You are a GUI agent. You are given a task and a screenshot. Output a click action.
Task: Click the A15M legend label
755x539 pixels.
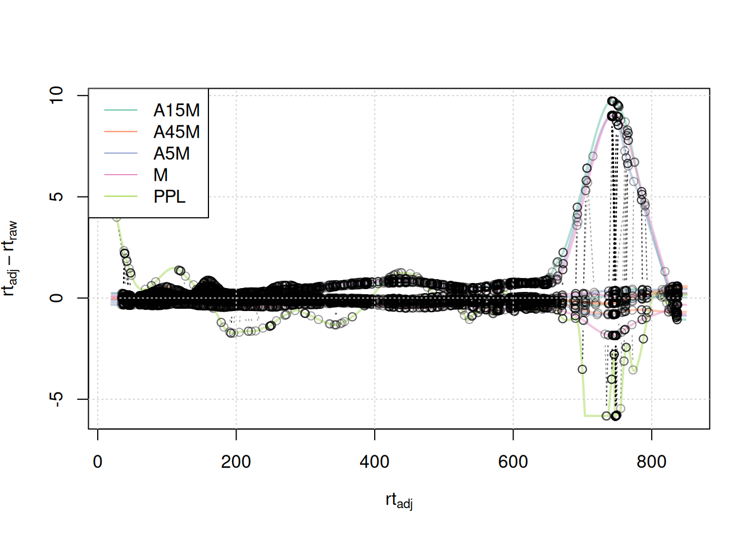[176, 111]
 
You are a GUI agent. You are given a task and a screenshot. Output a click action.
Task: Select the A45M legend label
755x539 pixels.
[176, 132]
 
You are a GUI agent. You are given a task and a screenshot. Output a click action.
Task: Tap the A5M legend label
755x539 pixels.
[171, 153]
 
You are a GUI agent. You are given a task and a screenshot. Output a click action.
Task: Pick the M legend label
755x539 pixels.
[161, 175]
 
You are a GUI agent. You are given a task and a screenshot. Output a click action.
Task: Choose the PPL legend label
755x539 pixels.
[169, 197]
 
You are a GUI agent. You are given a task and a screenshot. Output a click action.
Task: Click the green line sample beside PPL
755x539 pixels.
[121, 197]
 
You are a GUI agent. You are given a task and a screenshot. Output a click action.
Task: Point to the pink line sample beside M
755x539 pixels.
[121, 175]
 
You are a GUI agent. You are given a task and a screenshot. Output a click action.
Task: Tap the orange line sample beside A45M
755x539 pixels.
[121, 132]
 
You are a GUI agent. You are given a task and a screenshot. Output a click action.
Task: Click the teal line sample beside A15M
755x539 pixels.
[121, 111]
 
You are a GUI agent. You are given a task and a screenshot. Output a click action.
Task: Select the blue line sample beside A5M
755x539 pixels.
[121, 153]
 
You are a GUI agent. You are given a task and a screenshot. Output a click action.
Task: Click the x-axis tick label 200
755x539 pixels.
[236, 462]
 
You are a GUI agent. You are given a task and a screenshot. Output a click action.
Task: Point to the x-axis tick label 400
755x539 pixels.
[374, 462]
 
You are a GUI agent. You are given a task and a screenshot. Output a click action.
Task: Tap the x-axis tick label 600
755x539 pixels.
[513, 462]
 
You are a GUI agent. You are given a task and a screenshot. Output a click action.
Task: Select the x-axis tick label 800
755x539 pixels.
[651, 462]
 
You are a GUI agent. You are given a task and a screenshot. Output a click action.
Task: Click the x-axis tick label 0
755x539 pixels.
[98, 462]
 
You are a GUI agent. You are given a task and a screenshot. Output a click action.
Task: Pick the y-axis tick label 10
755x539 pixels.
[57, 95]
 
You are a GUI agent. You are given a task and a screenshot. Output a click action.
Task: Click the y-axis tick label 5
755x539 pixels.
[57, 197]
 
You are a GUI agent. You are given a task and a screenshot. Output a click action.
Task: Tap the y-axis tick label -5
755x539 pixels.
[57, 398]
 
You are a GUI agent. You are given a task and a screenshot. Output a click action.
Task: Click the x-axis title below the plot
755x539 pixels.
[399, 500]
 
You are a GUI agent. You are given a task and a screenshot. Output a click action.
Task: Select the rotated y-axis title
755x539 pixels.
[10, 258]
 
